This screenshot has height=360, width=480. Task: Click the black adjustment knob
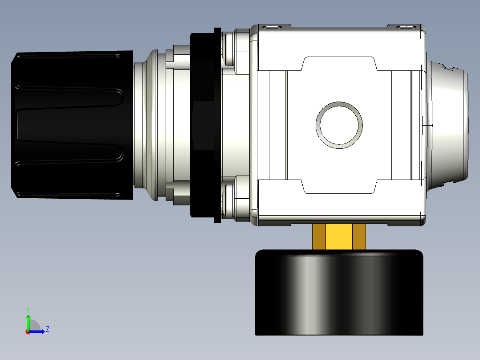(71, 125)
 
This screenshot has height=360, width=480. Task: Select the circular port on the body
(339, 125)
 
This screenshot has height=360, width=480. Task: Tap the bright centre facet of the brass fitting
(339, 237)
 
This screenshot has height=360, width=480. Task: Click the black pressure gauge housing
(339, 292)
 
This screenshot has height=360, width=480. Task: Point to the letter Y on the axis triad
(28, 309)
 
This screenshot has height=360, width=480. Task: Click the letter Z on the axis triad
(47, 329)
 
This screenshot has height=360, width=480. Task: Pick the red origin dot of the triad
(28, 332)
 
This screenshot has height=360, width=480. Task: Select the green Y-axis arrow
(28, 321)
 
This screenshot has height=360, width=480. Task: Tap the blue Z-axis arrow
(38, 331)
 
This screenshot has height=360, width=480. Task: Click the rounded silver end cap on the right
(447, 125)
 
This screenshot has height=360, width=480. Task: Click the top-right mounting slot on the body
(404, 27)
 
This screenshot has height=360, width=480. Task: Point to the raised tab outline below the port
(339, 187)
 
